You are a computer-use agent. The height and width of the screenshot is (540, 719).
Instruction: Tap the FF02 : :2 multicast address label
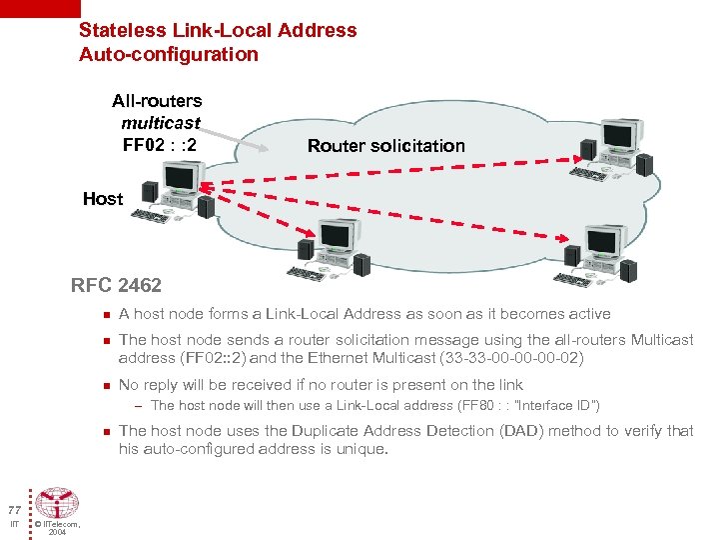coord(159,145)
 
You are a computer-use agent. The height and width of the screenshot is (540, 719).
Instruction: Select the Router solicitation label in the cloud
coord(385,146)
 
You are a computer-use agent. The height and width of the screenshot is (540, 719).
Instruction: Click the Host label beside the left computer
coord(103,199)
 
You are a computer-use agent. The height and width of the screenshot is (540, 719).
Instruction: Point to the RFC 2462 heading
coord(116,286)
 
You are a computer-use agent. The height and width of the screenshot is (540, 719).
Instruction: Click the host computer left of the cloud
coord(177,190)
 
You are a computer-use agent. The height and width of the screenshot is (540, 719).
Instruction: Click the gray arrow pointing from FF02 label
coord(240,145)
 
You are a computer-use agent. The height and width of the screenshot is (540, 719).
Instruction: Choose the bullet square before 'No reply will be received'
coord(104,385)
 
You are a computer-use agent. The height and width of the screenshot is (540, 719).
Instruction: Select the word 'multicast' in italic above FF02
coord(160,123)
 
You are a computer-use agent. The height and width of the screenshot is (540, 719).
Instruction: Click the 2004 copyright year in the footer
coord(57,532)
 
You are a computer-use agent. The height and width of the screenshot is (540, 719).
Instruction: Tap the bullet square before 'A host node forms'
coord(104,314)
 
